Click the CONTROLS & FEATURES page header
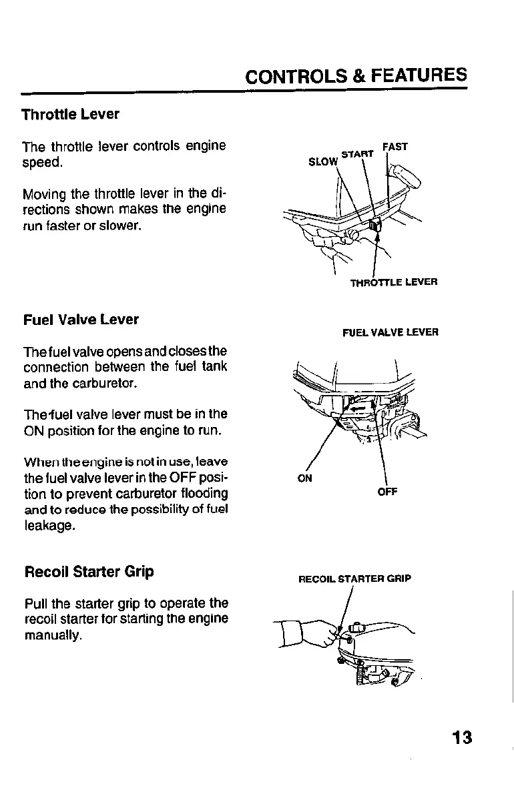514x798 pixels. click(356, 75)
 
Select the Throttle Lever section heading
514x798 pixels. click(70, 114)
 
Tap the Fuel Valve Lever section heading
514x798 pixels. click(80, 320)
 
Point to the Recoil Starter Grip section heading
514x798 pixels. click(89, 572)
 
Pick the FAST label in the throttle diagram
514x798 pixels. click(395, 147)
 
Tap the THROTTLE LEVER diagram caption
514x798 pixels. click(394, 282)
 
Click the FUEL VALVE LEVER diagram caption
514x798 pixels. click(391, 332)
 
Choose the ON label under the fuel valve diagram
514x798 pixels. click(304, 478)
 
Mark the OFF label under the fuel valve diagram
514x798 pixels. click(387, 492)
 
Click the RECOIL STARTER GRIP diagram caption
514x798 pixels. click(354, 578)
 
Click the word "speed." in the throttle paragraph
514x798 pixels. click(43, 162)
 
